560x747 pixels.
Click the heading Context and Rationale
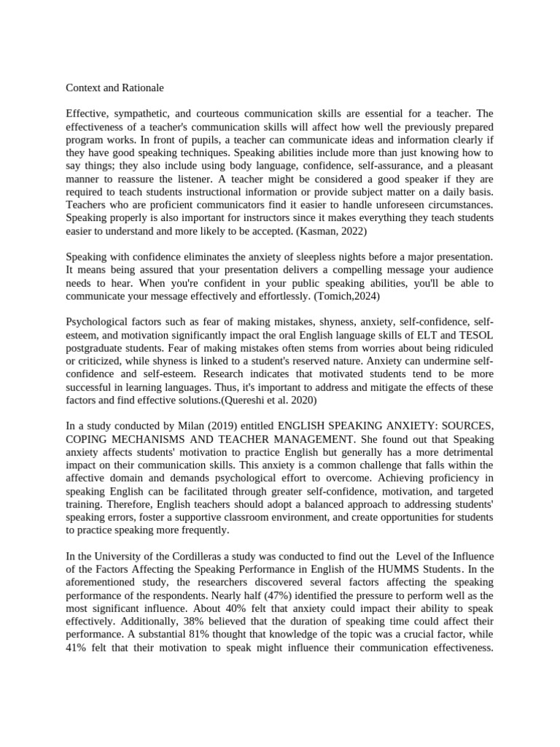pos(114,88)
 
